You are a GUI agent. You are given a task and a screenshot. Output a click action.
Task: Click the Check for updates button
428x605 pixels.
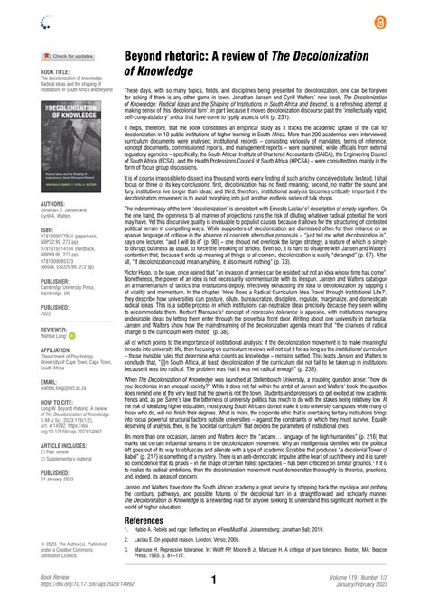pyautogui.click(x=64, y=56)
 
